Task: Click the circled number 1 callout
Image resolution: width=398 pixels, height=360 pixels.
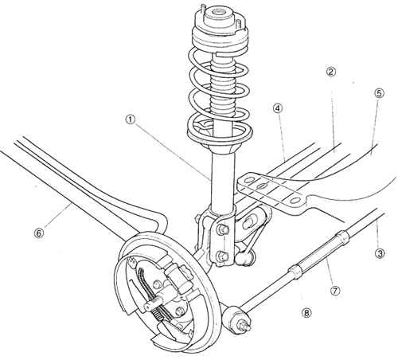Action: [131, 120]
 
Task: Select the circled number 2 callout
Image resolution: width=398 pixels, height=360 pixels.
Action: [330, 72]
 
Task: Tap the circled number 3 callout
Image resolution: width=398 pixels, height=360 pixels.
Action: [380, 253]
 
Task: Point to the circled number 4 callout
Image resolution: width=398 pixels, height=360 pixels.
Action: [279, 108]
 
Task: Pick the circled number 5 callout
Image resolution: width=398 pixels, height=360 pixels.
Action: [378, 93]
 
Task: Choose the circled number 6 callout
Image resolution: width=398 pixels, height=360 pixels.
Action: [38, 233]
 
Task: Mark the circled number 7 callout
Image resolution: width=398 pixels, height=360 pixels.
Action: [335, 291]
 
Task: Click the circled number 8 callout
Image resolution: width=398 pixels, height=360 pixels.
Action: [306, 313]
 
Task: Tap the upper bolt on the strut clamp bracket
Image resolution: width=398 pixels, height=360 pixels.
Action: [220, 229]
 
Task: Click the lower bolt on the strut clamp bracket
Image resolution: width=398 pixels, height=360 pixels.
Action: [220, 256]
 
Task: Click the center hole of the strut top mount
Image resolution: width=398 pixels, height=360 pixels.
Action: [219, 12]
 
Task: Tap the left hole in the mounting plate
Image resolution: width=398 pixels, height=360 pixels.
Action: [249, 181]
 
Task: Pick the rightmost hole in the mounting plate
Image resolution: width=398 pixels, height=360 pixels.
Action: [295, 201]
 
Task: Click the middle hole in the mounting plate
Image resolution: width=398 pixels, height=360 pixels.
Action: [262, 186]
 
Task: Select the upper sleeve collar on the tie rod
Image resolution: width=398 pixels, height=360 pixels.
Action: [342, 237]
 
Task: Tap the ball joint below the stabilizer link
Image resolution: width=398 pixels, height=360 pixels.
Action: [244, 259]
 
